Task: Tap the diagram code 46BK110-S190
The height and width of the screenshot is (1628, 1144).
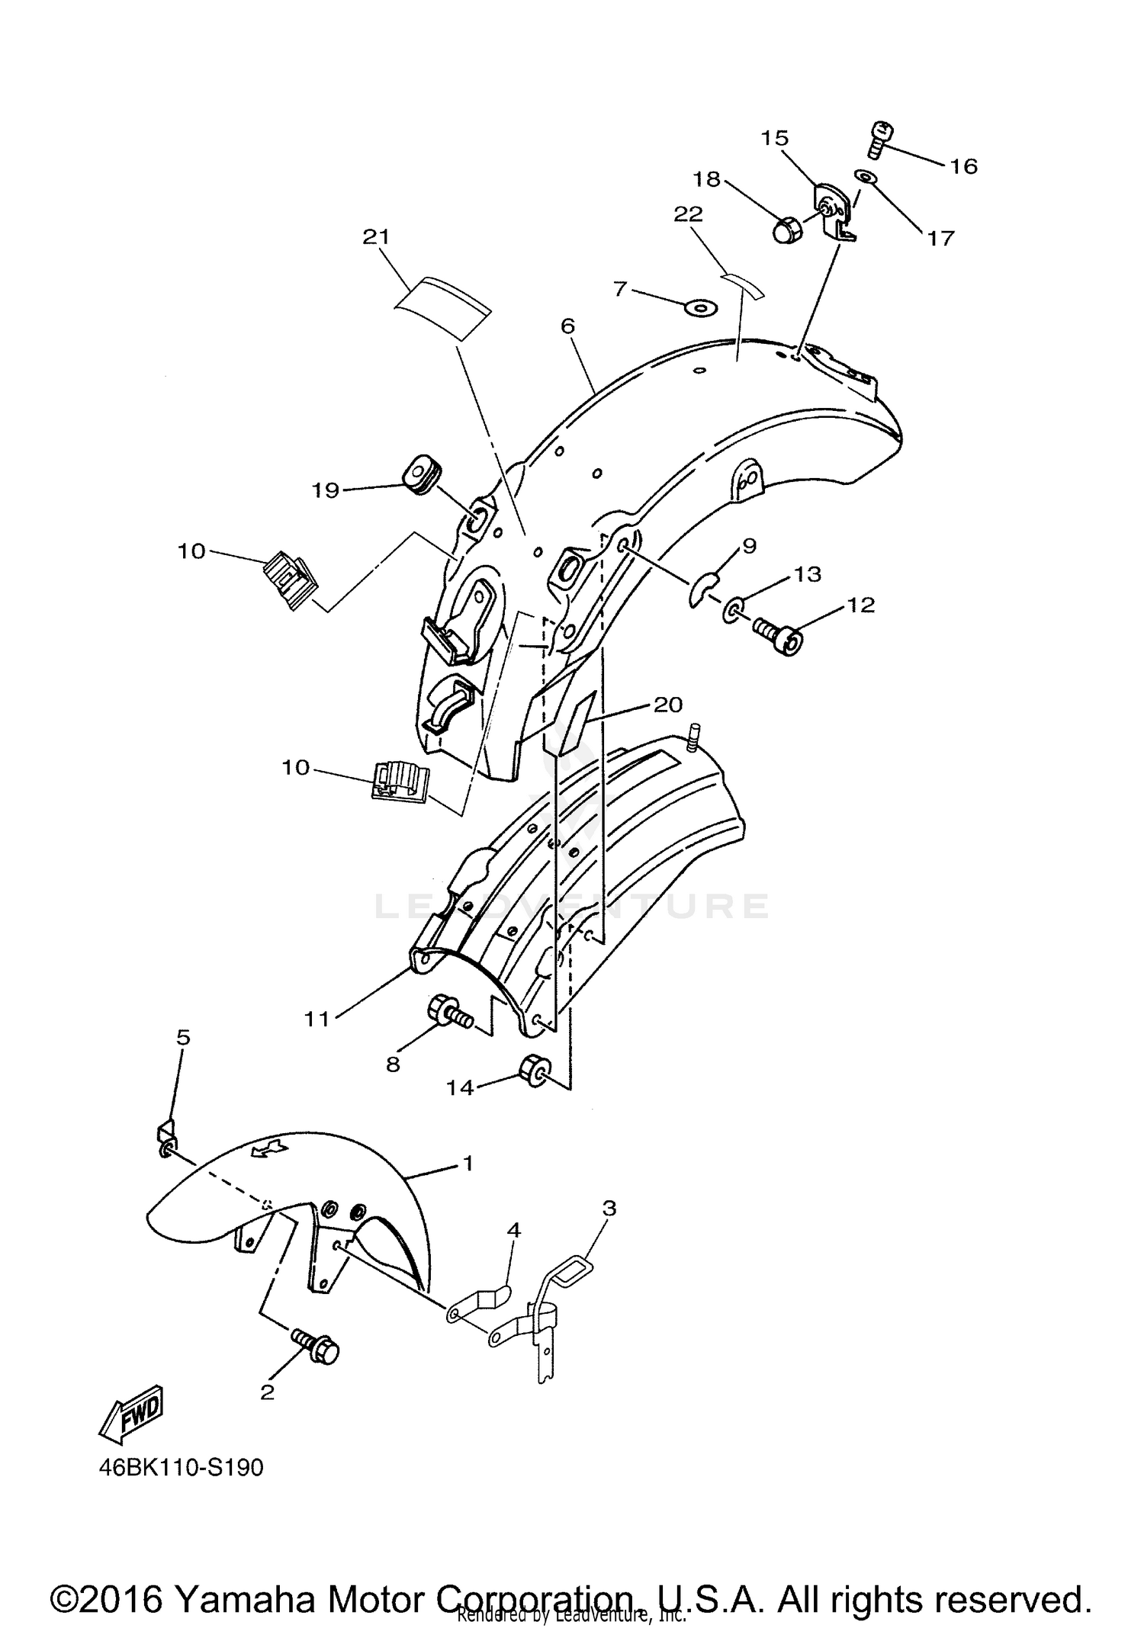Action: coord(181,1468)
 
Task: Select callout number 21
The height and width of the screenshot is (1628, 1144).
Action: coord(376,237)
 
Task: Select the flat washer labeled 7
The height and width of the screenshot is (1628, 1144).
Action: coord(700,307)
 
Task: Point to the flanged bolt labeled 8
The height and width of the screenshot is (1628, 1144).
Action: coord(450,1012)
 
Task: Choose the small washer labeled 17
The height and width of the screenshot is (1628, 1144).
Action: coord(866,177)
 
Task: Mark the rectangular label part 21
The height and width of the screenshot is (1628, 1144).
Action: coord(442,307)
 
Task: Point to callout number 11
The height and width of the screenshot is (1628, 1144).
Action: coord(317,1019)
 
